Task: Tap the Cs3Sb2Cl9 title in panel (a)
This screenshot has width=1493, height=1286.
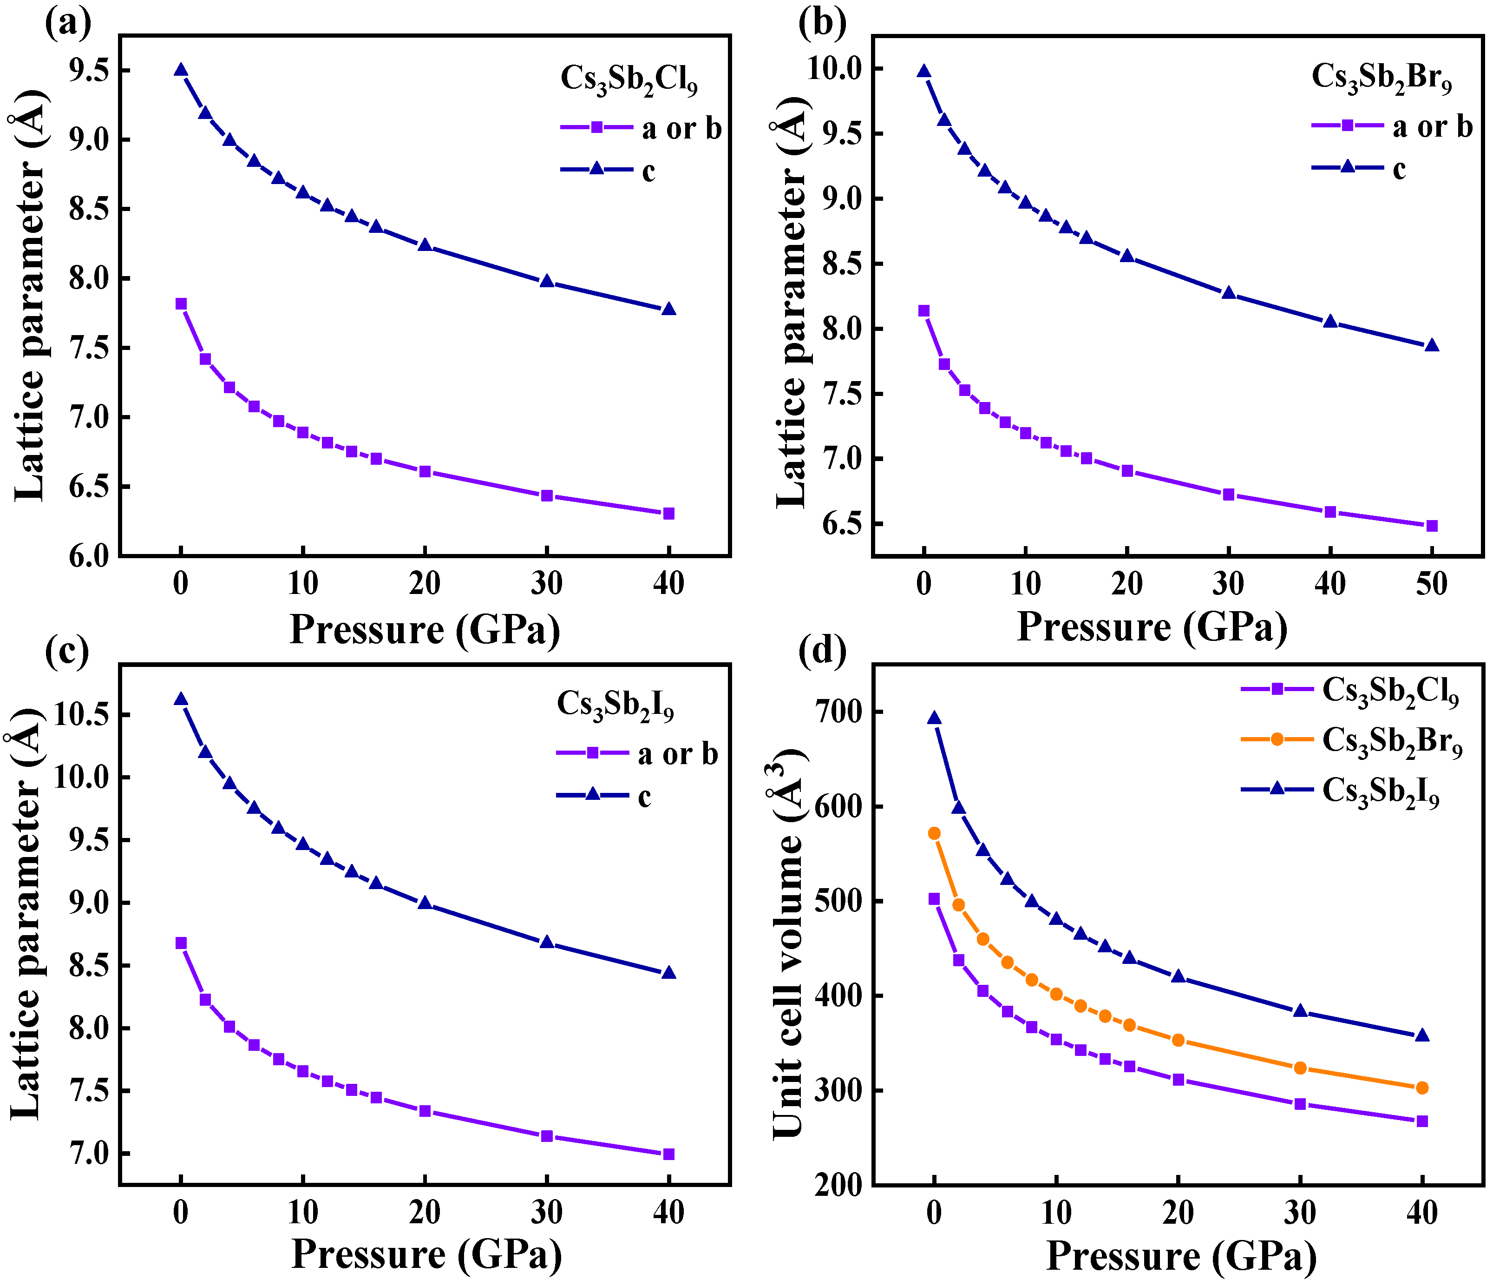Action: pos(629,79)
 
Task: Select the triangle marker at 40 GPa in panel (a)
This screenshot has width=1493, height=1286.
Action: pos(668,309)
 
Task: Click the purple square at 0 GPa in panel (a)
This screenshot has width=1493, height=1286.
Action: pos(181,303)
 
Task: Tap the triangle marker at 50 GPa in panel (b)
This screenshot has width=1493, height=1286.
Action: pos(1431,345)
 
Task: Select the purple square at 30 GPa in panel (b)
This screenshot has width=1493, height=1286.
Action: pos(1229,495)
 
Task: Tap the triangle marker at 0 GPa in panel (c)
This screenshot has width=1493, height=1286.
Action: pos(181,699)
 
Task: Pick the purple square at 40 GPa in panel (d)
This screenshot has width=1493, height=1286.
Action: pos(1421,1121)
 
